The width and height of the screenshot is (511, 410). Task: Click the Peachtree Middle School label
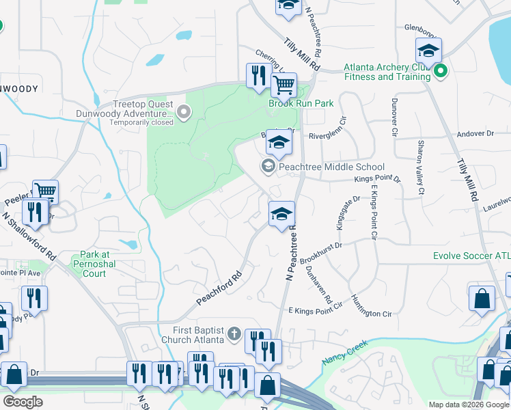331,167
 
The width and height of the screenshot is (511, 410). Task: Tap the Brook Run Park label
301,103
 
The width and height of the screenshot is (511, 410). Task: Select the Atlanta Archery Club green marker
441,70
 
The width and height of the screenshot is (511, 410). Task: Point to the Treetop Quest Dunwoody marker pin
182,112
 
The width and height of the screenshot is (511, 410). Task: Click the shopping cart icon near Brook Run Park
283,85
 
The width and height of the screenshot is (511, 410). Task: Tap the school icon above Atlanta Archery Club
428,51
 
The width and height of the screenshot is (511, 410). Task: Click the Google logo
23,401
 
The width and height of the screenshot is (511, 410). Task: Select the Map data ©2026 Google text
468,405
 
